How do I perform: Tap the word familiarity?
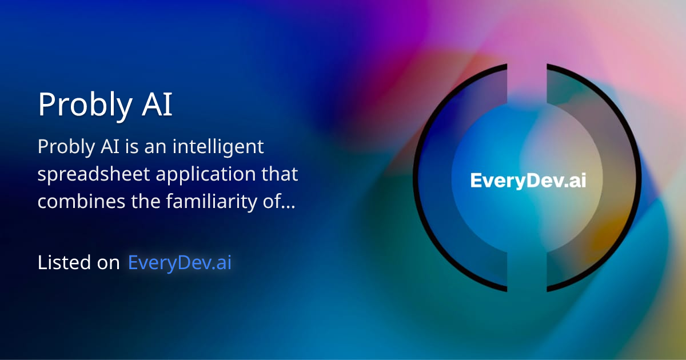tap(212, 201)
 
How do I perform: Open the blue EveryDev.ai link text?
tap(180, 263)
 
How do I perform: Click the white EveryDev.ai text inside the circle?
tap(528, 181)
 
